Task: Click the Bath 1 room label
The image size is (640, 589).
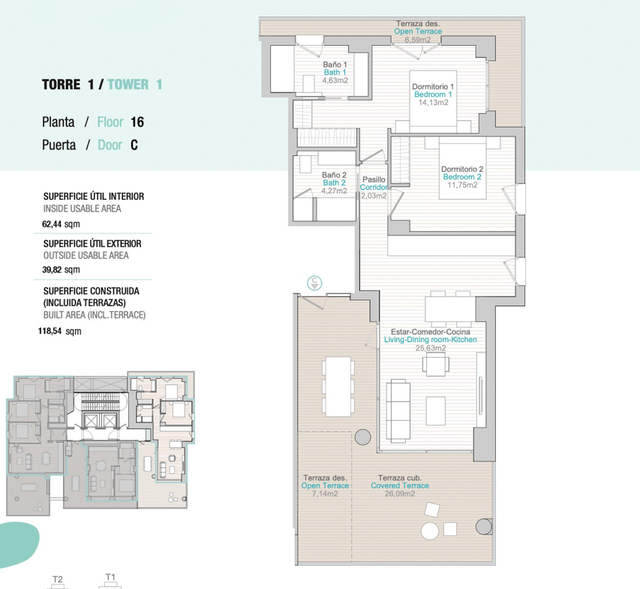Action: (335, 72)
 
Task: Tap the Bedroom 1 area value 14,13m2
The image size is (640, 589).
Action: (433, 103)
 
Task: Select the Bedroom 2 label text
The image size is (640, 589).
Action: (462, 177)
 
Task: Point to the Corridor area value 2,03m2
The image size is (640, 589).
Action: (374, 196)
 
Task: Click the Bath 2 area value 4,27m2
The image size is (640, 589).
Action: (335, 191)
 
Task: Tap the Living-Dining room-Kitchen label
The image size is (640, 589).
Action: (430, 340)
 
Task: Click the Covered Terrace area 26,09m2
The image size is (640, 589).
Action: (400, 494)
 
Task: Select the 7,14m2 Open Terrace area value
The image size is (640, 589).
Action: (325, 494)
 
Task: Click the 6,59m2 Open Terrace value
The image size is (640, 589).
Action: (418, 40)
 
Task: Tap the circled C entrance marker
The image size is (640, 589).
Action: (314, 282)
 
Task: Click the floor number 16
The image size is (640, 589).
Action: (137, 122)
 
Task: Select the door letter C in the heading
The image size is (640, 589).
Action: (134, 145)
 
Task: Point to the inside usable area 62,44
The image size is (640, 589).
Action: (52, 224)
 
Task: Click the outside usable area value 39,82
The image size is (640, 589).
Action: (52, 270)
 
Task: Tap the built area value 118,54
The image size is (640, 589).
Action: (50, 331)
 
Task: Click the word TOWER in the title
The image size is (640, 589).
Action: (128, 85)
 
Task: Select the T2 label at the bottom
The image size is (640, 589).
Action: (58, 579)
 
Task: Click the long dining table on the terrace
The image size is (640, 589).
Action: (338, 386)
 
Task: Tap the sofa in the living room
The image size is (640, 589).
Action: (398, 410)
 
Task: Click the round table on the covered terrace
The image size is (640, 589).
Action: (430, 531)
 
